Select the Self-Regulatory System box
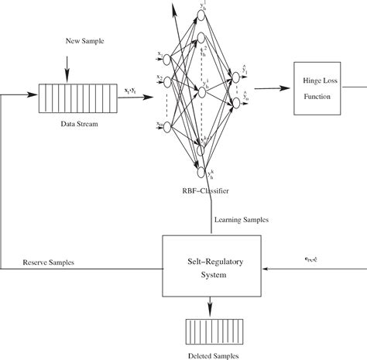211,265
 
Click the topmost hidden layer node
199,15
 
